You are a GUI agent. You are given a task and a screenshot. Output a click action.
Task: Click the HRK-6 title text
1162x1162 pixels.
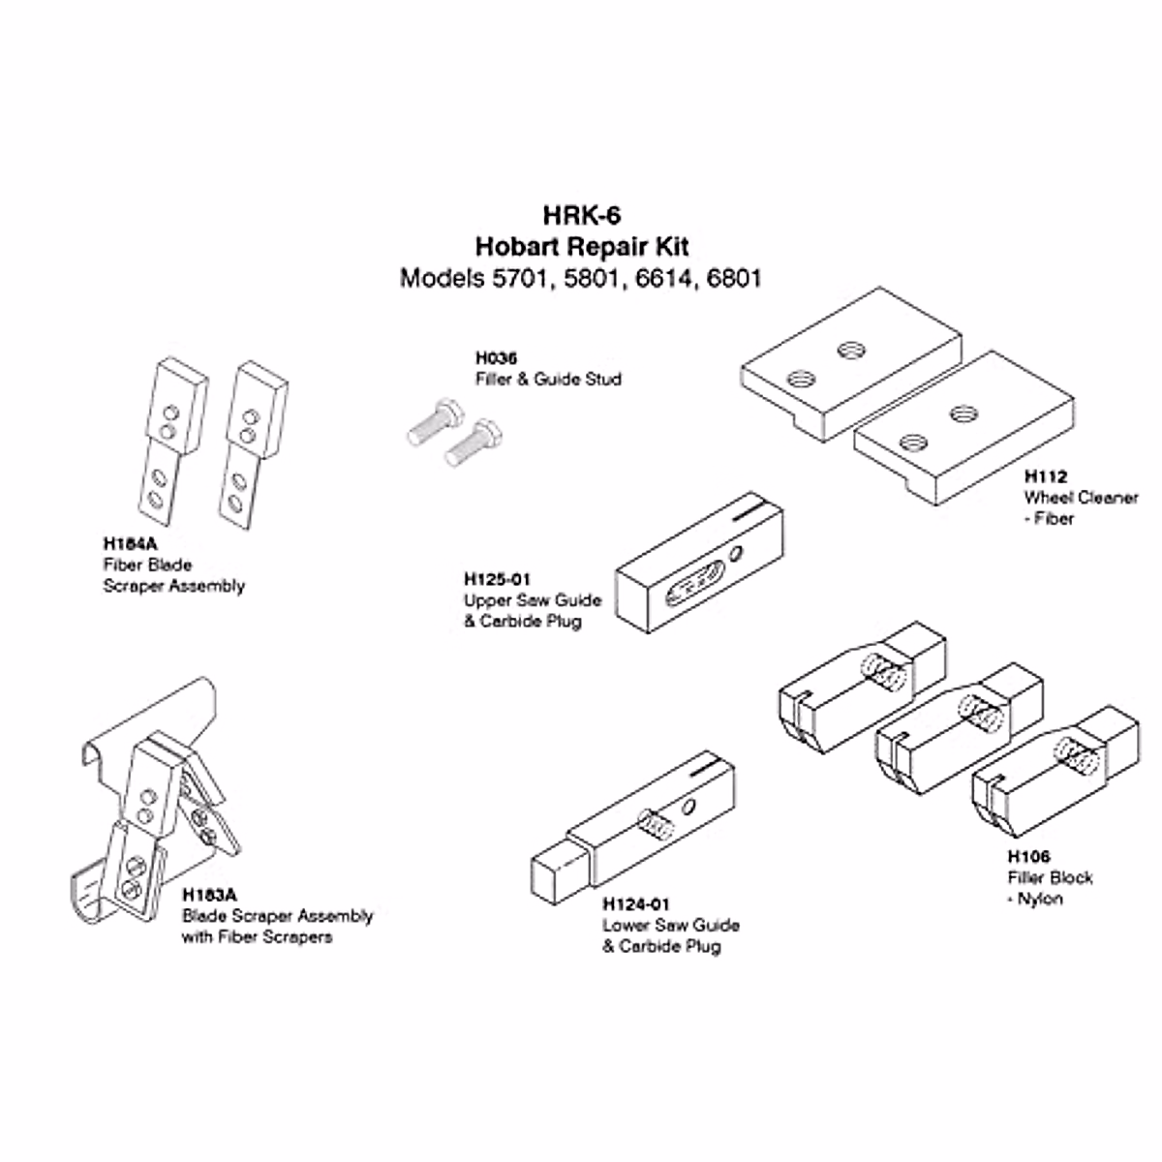pos(581,215)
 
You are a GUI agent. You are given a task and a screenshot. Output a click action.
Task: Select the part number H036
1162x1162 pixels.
pos(496,358)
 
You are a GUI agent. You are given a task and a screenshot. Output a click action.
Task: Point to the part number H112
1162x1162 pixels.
pos(1045,476)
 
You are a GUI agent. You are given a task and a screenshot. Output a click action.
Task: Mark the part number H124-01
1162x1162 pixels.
pos(636,904)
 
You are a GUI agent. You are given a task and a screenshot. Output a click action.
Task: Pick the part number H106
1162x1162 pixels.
pos(1028,856)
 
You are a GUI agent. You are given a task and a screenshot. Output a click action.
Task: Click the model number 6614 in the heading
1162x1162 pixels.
pos(665,279)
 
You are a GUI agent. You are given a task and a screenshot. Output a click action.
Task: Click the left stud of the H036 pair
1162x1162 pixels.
pos(430,422)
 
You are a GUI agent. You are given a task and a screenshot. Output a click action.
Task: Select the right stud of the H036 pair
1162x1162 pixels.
pos(472,443)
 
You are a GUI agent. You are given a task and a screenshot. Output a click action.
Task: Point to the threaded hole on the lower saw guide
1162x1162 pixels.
pos(655,826)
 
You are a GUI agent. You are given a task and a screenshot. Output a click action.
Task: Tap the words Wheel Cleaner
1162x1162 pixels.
pos(1081,498)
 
